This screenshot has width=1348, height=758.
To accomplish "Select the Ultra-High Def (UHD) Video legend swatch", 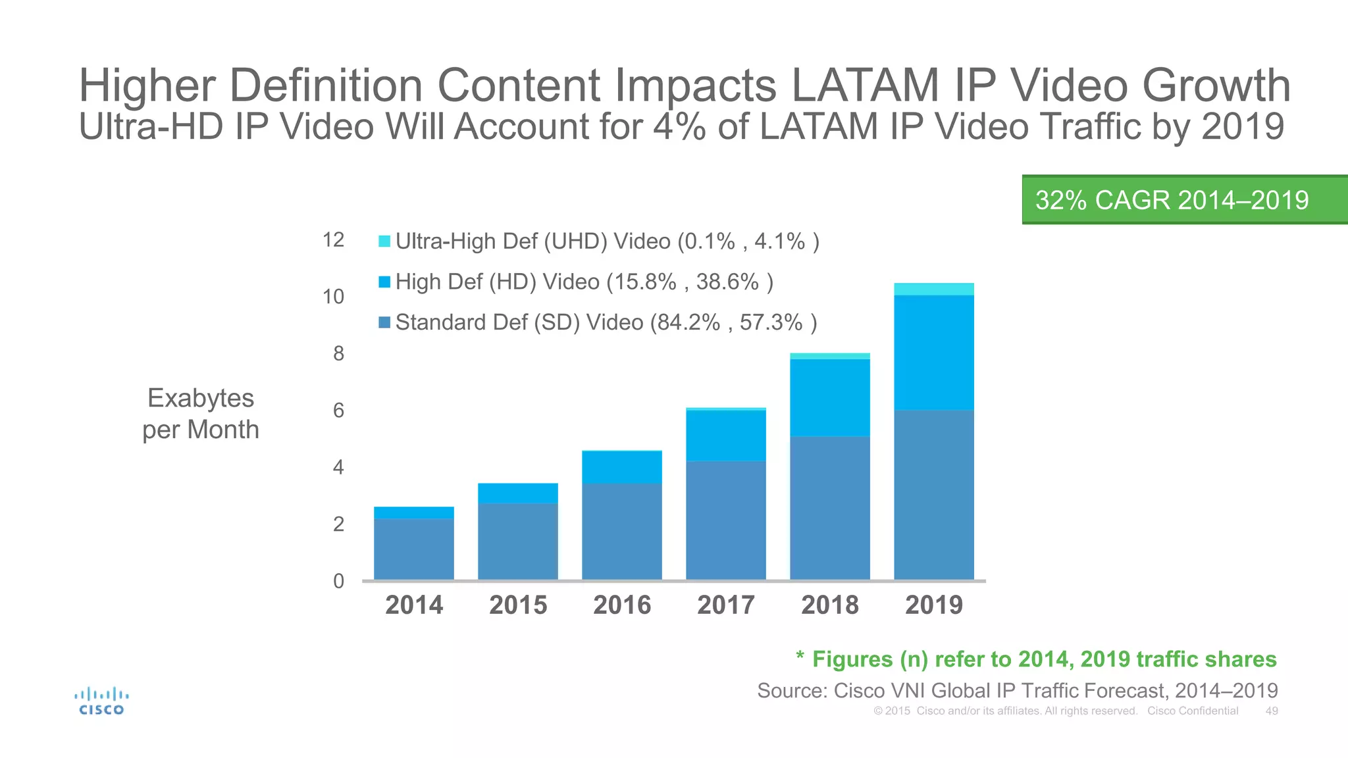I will (384, 241).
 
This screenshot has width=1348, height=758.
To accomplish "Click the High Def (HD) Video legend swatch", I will (384, 282).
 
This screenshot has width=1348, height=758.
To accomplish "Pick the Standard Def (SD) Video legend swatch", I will (384, 322).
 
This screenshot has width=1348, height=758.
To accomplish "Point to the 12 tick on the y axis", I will (333, 240).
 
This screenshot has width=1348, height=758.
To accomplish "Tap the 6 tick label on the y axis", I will (338, 411).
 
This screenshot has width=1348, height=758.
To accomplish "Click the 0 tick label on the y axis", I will (338, 581).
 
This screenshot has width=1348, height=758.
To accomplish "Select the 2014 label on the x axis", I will (414, 605).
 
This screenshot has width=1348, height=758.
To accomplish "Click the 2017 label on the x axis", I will (726, 605).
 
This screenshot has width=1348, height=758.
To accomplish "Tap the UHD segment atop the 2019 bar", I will (933, 290).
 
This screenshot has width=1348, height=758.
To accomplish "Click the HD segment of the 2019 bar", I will (933, 352).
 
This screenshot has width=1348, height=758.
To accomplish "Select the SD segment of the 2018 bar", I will (829, 507).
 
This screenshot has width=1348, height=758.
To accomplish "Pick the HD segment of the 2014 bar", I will (414, 513).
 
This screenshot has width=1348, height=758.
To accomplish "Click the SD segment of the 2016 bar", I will (622, 532).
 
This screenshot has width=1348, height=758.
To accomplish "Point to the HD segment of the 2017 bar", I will (726, 436).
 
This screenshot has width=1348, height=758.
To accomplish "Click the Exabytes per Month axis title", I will (201, 414).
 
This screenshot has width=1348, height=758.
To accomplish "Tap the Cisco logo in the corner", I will (101, 701).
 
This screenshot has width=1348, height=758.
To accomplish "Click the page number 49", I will (1272, 711).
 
